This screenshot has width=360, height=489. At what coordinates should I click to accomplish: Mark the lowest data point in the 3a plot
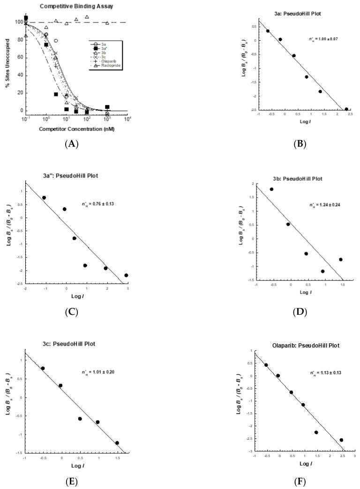tap(346, 109)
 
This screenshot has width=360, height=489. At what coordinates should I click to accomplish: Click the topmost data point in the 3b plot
tap(271, 189)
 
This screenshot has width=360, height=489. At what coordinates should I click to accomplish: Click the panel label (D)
tap(300, 311)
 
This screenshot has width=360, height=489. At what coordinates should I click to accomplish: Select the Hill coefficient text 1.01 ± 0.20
tap(97, 359)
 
